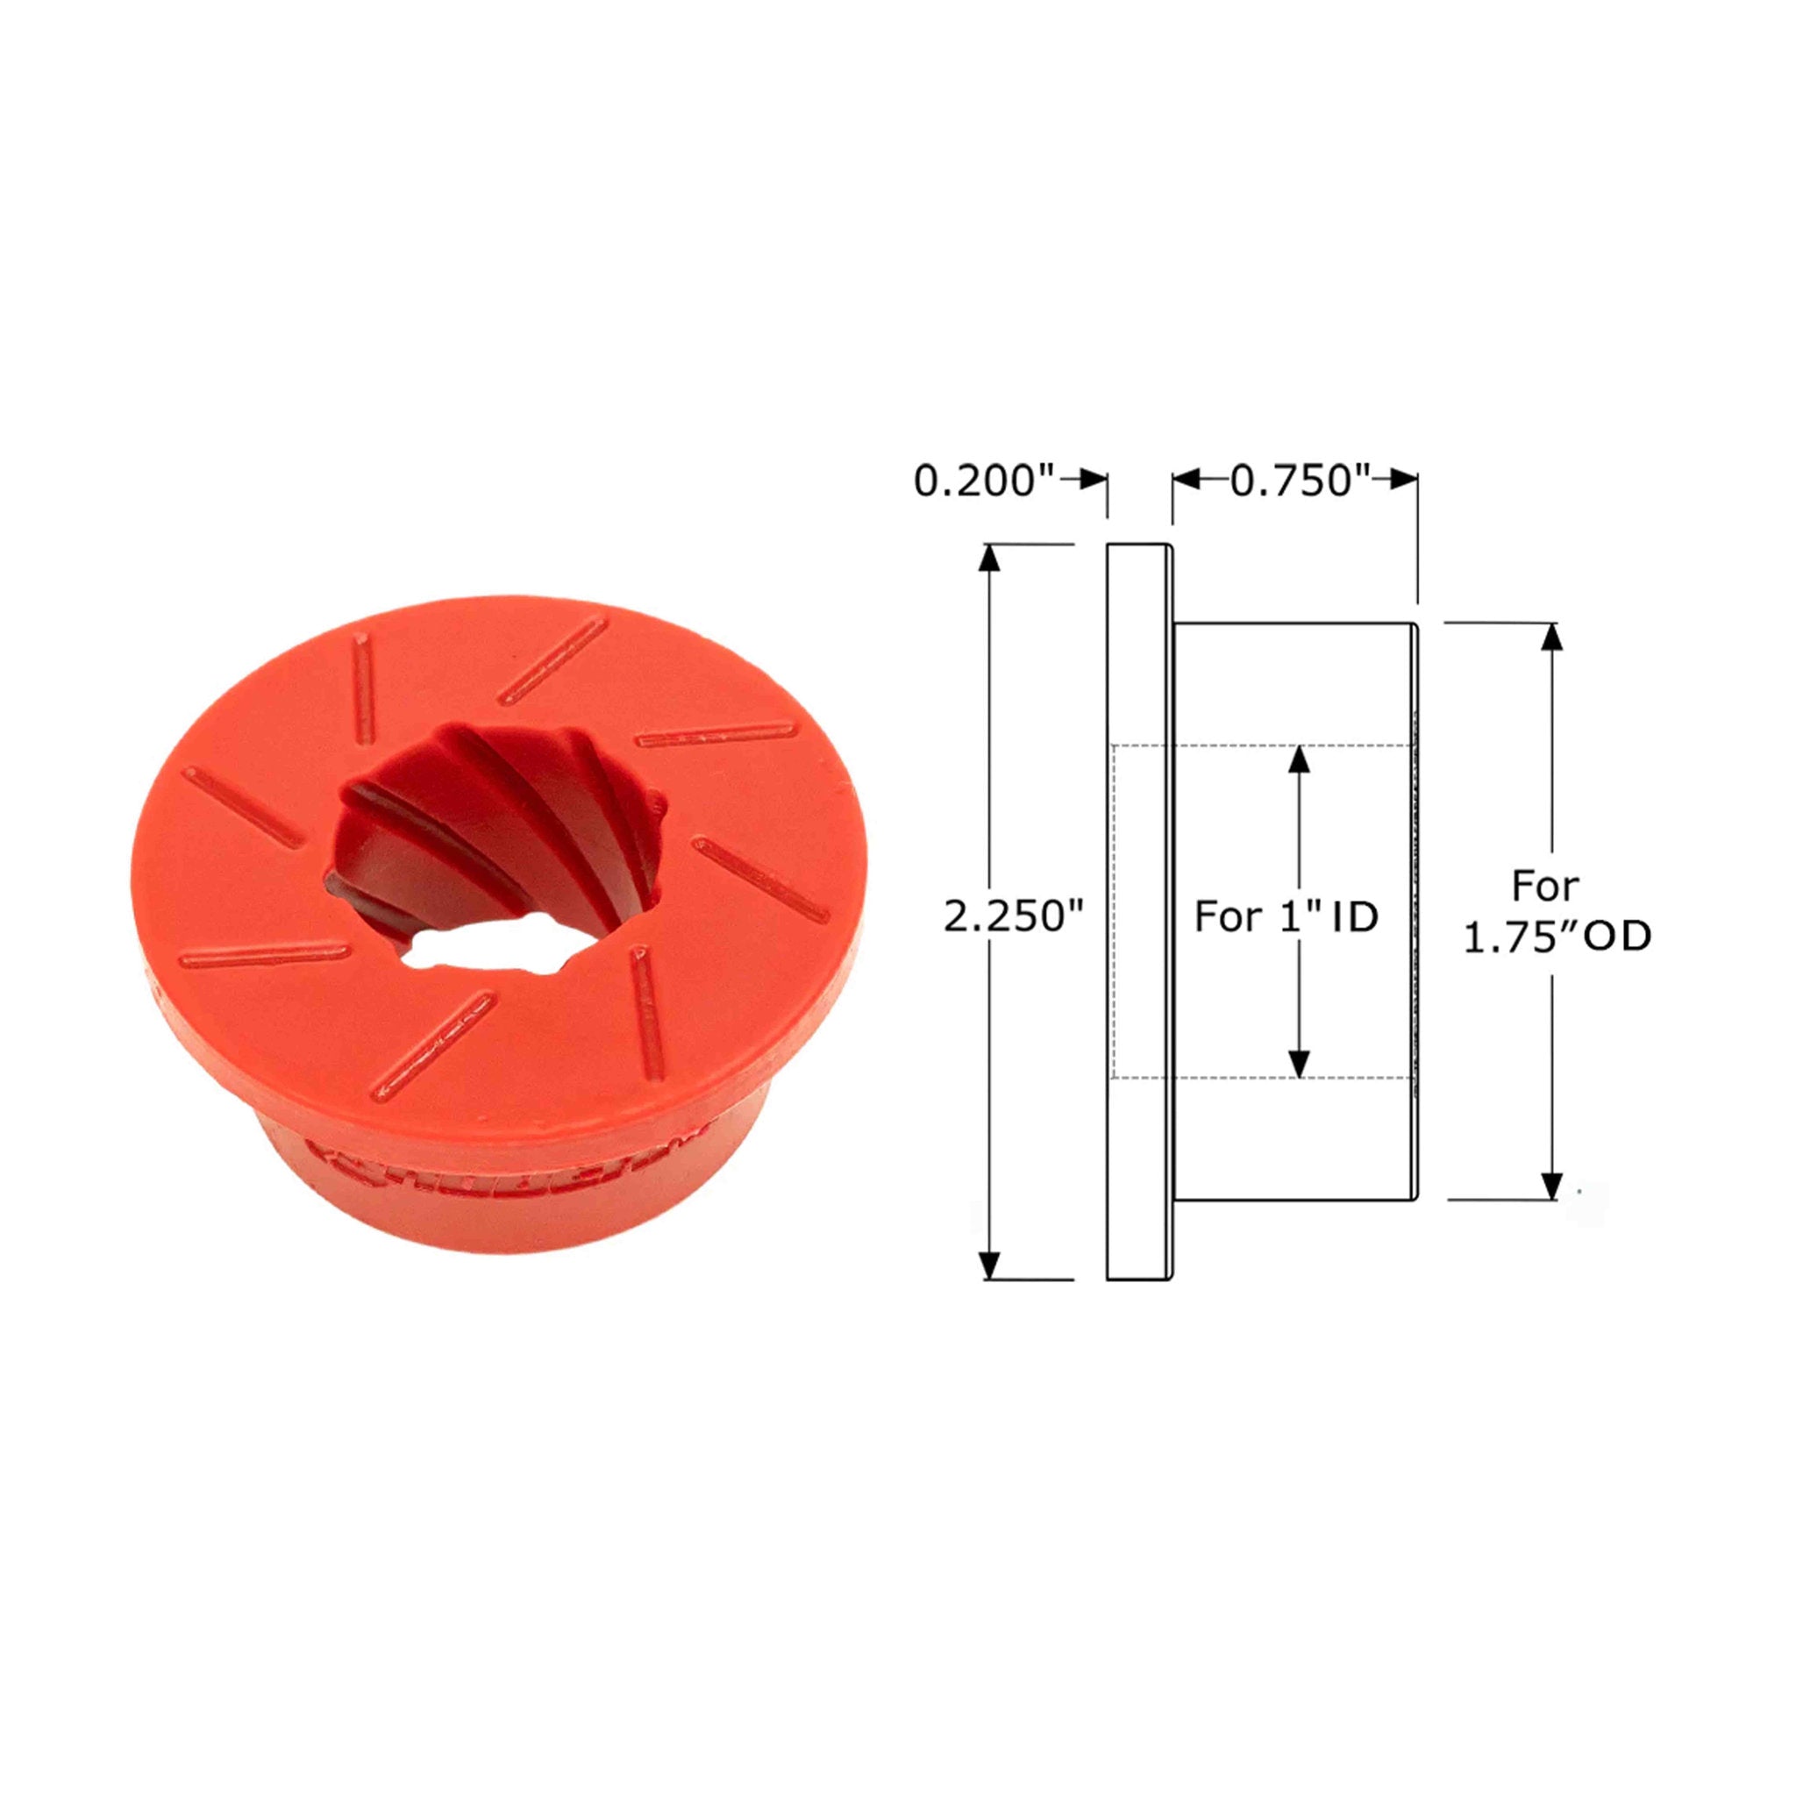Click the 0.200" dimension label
pyautogui.click(x=987, y=481)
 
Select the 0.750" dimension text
pyautogui.click(x=1301, y=481)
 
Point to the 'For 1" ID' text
pyautogui.click(x=1286, y=916)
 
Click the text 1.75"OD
pyautogui.click(x=1558, y=937)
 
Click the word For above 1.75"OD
pyautogui.click(x=1545, y=886)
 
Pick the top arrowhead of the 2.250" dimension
pyautogui.click(x=990, y=557)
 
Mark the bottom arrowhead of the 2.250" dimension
pyautogui.click(x=990, y=1266)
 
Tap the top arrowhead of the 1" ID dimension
pyautogui.click(x=1300, y=759)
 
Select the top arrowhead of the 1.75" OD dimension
pyautogui.click(x=1551, y=637)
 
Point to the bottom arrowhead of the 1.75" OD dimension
pyautogui.click(x=1551, y=1186)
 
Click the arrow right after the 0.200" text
pyautogui.click(x=1087, y=480)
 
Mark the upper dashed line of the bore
pyautogui.click(x=1265, y=745)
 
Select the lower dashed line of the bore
pyautogui.click(x=1265, y=1079)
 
